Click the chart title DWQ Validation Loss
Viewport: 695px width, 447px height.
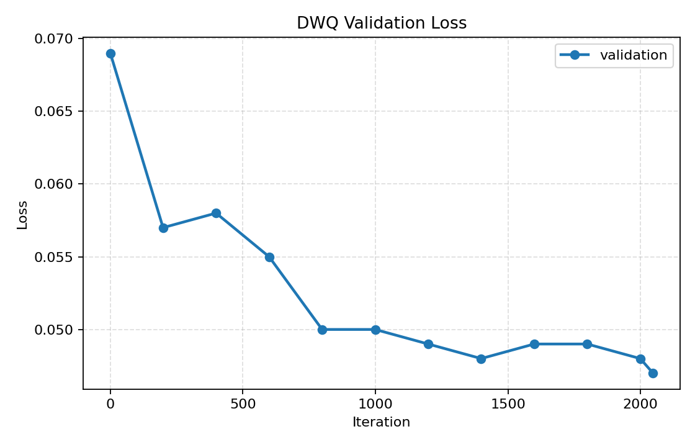click(381, 23)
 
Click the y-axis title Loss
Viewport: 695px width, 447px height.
click(22, 215)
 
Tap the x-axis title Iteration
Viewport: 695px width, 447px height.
click(381, 422)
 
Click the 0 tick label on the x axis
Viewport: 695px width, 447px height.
click(110, 403)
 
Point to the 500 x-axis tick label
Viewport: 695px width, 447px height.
click(243, 403)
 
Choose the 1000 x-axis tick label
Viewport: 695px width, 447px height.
click(375, 403)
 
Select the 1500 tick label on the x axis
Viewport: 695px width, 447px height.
click(508, 403)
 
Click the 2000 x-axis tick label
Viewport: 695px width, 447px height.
click(640, 403)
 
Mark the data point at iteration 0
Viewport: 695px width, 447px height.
click(110, 53)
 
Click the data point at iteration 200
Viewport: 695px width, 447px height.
click(163, 228)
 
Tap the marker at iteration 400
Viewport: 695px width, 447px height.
click(216, 213)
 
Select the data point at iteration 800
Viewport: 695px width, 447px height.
click(322, 330)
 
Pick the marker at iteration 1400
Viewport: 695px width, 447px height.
click(481, 359)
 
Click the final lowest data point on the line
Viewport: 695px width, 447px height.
click(653, 373)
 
